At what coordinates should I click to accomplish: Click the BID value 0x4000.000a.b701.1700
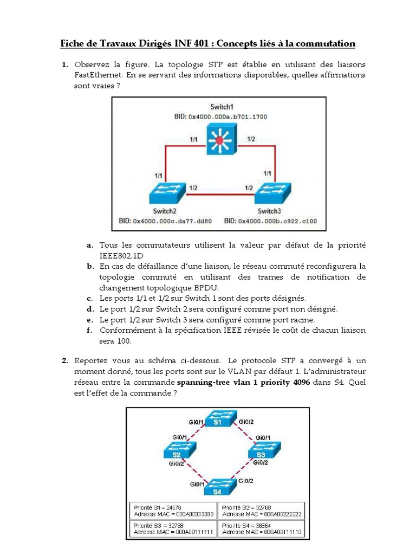tap(227, 117)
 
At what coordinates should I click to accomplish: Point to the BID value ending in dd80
tap(172, 221)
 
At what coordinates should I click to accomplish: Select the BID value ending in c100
tap(278, 221)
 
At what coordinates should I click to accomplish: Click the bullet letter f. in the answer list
tap(90, 330)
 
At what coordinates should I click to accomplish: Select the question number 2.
tap(64, 360)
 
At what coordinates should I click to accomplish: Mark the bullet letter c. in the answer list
tap(90, 298)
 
